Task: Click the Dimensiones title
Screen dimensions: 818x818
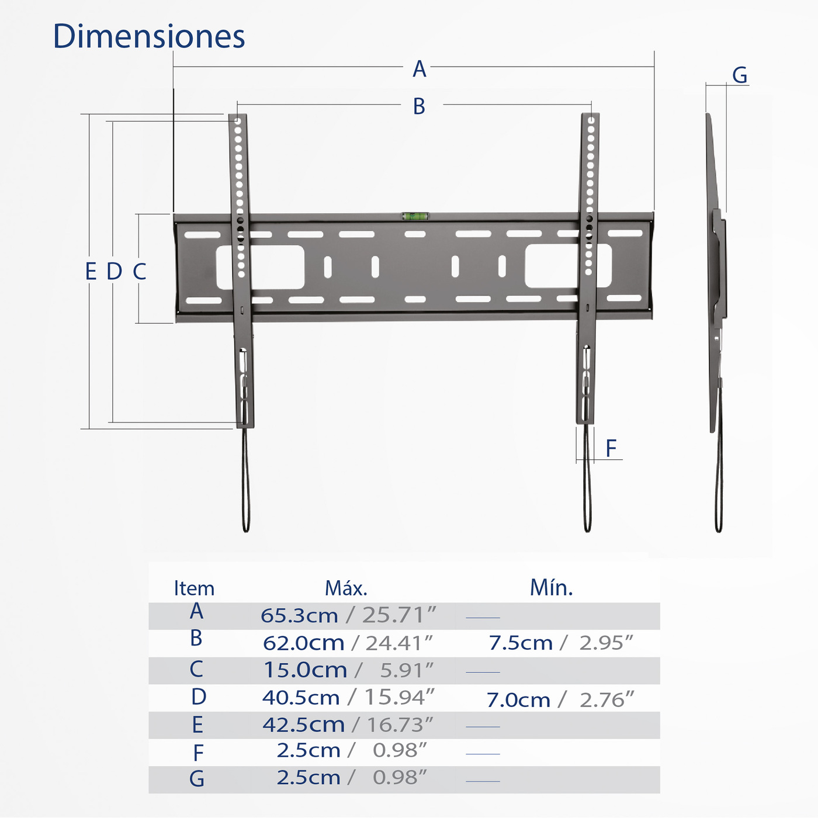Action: tap(148, 36)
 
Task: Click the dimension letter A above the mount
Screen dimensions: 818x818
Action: tap(419, 69)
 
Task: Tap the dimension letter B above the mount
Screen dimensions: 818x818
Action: tap(419, 106)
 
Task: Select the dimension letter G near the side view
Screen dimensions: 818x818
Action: tap(740, 75)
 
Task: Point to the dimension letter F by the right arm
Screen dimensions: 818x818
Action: tap(611, 448)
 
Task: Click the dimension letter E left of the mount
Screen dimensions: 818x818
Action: tap(91, 272)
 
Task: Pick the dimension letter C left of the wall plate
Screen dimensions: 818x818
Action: tap(139, 272)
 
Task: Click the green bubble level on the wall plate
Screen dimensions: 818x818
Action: tap(415, 216)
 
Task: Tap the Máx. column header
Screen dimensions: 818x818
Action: tap(346, 588)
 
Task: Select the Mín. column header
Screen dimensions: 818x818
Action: tap(551, 587)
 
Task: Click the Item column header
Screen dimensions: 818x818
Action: tap(194, 588)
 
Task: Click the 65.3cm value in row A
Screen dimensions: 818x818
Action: tap(299, 615)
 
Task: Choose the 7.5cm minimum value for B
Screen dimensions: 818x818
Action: tap(520, 643)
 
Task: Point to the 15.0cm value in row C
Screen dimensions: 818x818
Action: tap(305, 670)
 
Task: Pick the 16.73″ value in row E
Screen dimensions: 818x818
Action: tap(400, 725)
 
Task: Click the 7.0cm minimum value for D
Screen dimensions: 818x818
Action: tap(518, 699)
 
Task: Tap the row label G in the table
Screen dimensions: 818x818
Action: tap(197, 779)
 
